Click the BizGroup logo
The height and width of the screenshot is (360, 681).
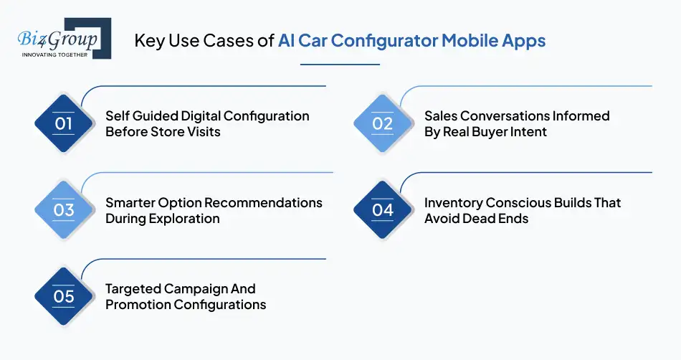click(x=62, y=37)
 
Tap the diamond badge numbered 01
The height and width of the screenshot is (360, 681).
click(x=64, y=123)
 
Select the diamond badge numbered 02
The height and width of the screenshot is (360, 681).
click(x=382, y=123)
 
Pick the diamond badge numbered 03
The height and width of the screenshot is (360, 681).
click(x=64, y=209)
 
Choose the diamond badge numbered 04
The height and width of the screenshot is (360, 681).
click(x=382, y=209)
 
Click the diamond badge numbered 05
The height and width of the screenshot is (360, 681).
click(x=64, y=296)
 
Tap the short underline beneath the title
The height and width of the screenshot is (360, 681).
click(x=339, y=65)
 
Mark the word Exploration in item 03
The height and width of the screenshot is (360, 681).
click(x=184, y=219)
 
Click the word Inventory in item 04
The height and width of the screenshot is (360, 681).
click(x=453, y=203)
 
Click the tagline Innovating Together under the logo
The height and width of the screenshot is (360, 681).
click(x=54, y=55)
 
